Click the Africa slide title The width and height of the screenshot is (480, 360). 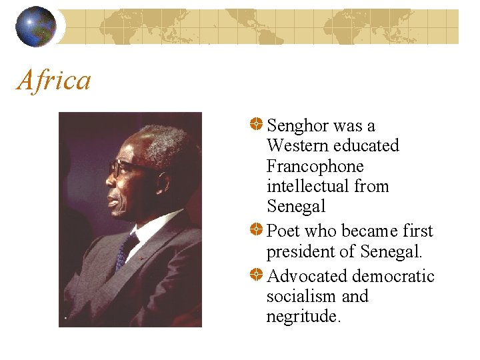click(x=54, y=81)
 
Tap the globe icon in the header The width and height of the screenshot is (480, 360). click(x=36, y=27)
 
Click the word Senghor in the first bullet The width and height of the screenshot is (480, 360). click(x=297, y=126)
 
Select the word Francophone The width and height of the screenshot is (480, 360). click(x=315, y=166)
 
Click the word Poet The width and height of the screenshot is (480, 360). click(x=283, y=231)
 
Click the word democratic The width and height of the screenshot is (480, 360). click(x=393, y=276)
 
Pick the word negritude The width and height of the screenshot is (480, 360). click(x=303, y=317)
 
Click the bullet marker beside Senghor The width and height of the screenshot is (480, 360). click(x=256, y=125)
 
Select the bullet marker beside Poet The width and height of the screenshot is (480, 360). click(x=256, y=230)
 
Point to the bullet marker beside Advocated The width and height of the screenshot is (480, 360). click(x=256, y=275)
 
